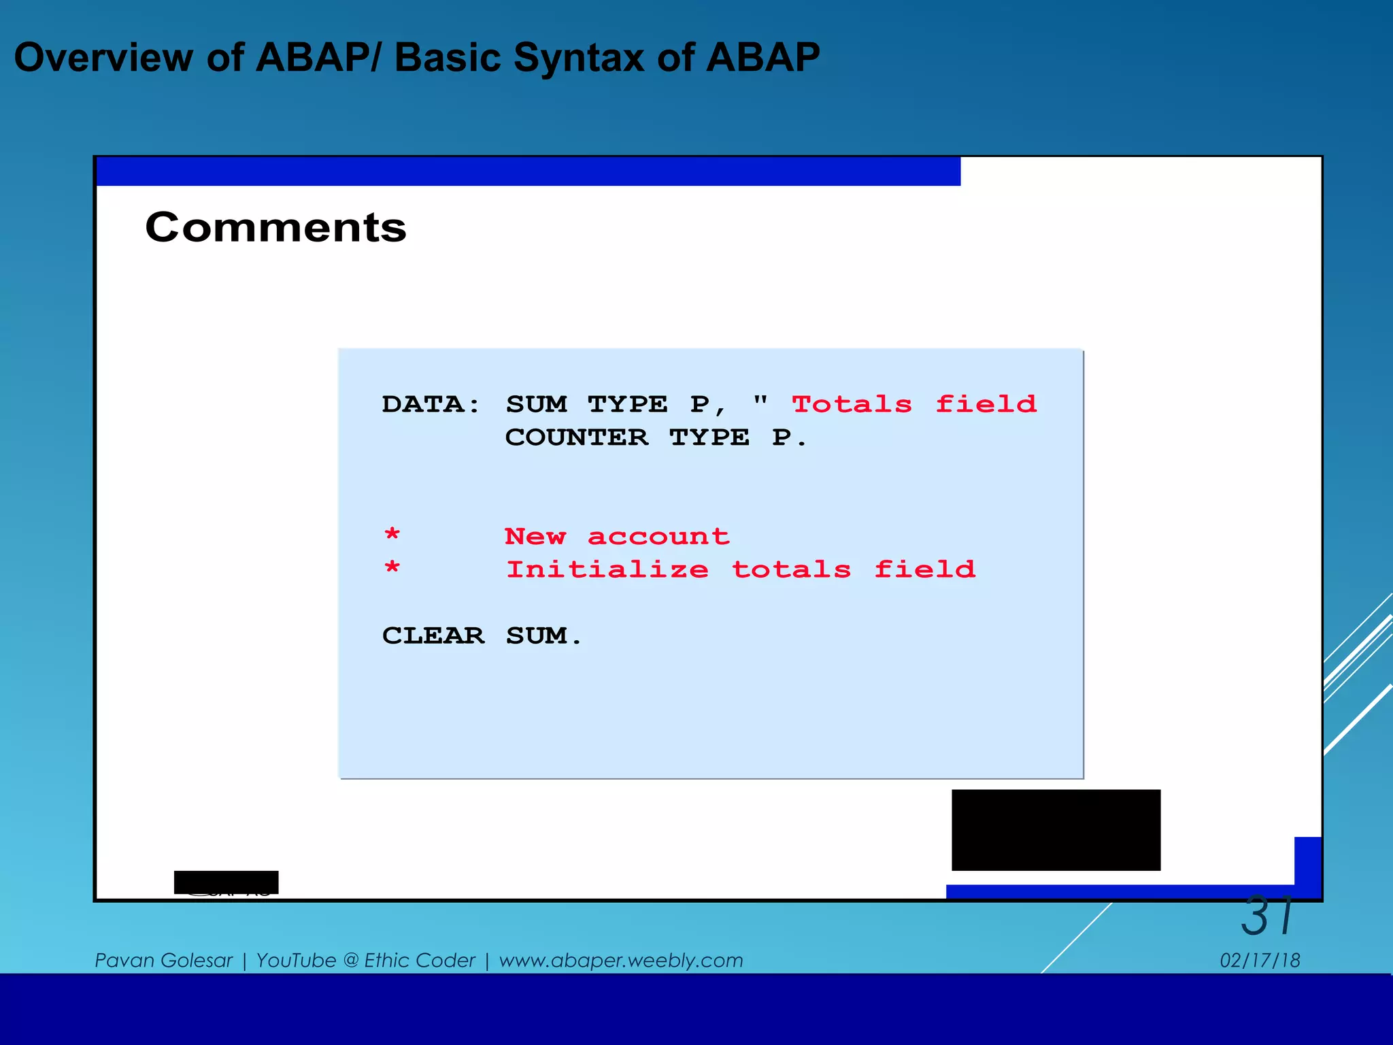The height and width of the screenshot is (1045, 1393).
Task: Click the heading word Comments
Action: (x=275, y=227)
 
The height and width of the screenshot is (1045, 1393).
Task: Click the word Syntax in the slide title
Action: (x=577, y=57)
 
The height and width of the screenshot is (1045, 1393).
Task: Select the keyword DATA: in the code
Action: (x=431, y=404)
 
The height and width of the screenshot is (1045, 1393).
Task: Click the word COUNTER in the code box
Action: (x=576, y=437)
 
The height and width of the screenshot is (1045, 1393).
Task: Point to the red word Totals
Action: (x=852, y=404)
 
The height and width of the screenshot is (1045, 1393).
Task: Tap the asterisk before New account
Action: (x=392, y=535)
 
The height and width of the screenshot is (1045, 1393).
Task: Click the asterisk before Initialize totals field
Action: (x=392, y=568)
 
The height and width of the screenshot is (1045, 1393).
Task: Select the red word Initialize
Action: (x=607, y=569)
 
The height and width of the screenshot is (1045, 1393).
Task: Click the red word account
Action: (x=658, y=537)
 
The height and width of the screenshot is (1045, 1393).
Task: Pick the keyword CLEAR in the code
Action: (x=433, y=635)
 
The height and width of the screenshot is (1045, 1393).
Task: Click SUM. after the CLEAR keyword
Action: (x=543, y=635)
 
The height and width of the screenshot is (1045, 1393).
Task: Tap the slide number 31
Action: (x=1266, y=916)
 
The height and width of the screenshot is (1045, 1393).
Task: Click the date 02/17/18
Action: (x=1260, y=960)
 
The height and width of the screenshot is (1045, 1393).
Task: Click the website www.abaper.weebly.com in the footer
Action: (x=620, y=960)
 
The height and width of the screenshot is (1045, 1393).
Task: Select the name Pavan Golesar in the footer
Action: (x=163, y=960)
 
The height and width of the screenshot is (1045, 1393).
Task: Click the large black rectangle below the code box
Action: (x=1056, y=829)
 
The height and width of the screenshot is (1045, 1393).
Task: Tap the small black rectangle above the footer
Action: (x=226, y=882)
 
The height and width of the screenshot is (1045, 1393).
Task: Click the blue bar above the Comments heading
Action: (x=528, y=171)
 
